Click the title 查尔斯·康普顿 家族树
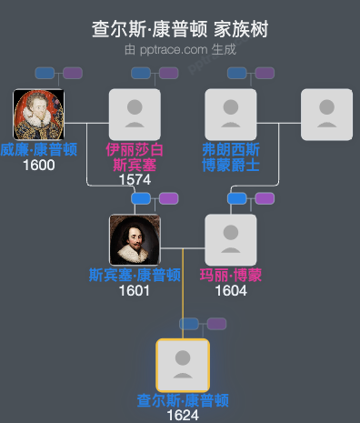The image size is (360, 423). point(180,29)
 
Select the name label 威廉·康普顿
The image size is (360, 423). point(38,150)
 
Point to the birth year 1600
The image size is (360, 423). point(38,165)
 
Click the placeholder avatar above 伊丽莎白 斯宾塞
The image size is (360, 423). point(135,115)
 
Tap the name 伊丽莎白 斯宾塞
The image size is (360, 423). point(135,156)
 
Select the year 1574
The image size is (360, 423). point(135,179)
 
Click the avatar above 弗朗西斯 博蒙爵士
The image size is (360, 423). point(231,115)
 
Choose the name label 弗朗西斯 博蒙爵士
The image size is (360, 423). point(231,156)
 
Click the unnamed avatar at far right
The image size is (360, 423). point(327,115)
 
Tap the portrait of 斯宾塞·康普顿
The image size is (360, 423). point(135,239)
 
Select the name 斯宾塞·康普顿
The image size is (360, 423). point(135,275)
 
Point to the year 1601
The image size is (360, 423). point(135,290)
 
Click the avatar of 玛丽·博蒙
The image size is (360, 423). point(231,239)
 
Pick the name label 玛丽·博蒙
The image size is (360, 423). point(231,275)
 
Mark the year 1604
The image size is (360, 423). point(231,290)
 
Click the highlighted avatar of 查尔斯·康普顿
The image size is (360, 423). point(183,365)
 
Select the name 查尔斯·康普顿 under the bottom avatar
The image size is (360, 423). point(183,400)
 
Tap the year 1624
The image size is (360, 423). point(183,415)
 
